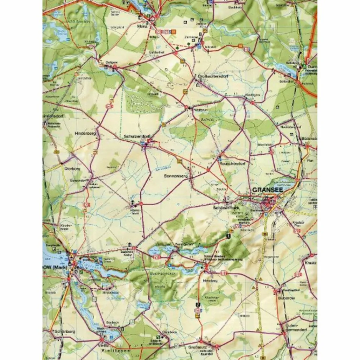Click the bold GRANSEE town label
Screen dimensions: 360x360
(x=268, y=191)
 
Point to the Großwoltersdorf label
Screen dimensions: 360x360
(x=210, y=76)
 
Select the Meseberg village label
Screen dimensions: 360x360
(x=210, y=281)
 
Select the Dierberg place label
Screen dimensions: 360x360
(x=72, y=168)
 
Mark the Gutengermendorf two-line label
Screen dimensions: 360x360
(x=294, y=328)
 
